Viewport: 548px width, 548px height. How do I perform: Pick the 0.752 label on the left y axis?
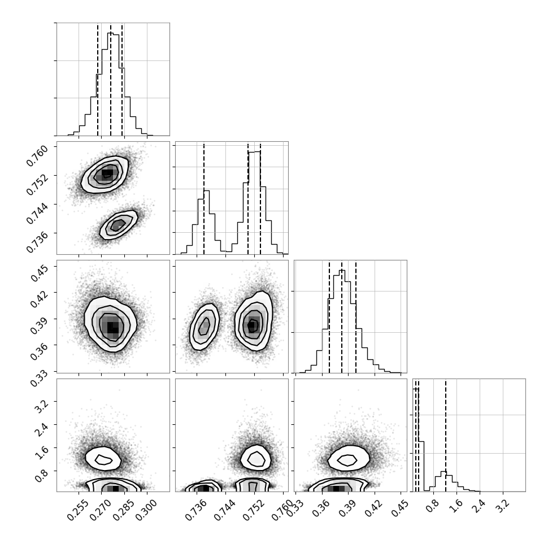click(x=37, y=184)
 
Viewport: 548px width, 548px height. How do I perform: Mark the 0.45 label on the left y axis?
click(x=38, y=273)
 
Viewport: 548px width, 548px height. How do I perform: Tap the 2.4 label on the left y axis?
click(x=41, y=430)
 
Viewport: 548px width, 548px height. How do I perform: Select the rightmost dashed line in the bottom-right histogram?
click(x=446, y=435)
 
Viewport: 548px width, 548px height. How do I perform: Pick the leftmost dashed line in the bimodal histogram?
click(x=204, y=198)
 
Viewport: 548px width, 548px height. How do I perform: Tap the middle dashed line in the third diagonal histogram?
click(x=342, y=316)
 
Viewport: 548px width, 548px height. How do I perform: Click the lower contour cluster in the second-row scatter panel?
click(x=119, y=225)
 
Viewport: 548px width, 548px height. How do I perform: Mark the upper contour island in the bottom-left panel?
click(x=103, y=459)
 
